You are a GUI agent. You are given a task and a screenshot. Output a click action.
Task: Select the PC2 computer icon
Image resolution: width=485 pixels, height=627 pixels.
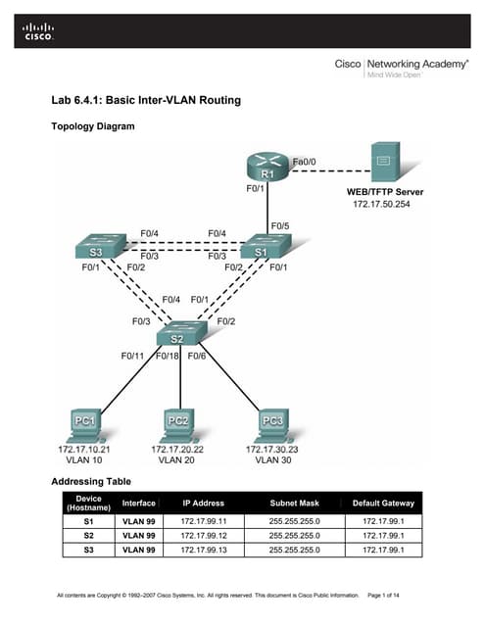[x=178, y=422]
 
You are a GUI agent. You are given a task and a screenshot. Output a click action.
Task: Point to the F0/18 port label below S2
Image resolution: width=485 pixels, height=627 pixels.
[x=169, y=356]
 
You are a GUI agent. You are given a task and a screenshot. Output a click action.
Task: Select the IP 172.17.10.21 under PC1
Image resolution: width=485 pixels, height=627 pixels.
[x=84, y=449]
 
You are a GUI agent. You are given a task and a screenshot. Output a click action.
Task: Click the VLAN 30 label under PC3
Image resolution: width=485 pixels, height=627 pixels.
[x=273, y=458]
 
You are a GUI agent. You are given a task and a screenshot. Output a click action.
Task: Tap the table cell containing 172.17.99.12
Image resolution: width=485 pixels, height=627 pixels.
[x=203, y=535]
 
